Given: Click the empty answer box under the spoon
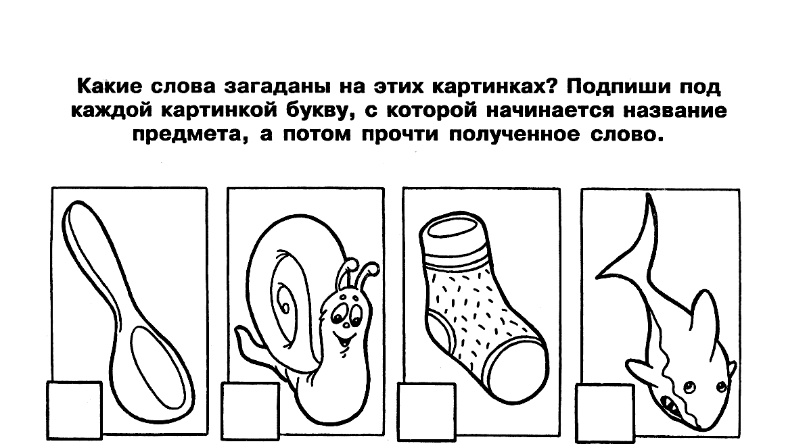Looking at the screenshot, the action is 74,411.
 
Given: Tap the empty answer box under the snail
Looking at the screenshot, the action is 250,412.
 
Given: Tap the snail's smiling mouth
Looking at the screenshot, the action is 346,341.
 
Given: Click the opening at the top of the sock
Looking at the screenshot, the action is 453,230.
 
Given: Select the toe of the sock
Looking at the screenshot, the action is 519,372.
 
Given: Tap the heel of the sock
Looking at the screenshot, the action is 439,331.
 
